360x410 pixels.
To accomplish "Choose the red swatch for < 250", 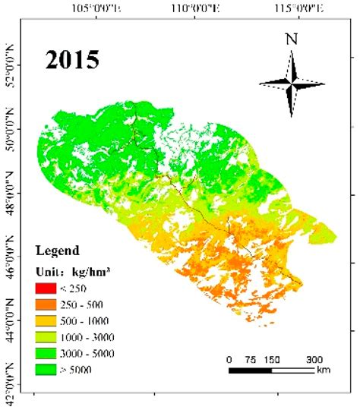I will click(x=46, y=288).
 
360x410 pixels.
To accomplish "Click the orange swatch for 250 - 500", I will click(x=46, y=304).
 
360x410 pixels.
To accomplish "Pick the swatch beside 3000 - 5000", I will click(x=46, y=352).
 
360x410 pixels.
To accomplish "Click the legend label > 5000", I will click(x=84, y=369).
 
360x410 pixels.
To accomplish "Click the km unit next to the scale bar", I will click(x=324, y=371).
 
